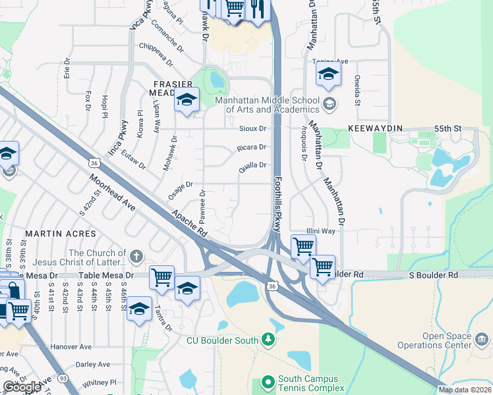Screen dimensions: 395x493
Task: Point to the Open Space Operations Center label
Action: point(434,340)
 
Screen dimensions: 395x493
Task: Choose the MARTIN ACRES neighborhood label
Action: point(61,234)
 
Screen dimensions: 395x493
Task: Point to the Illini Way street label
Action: point(321,232)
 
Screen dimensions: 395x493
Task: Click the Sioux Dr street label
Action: point(252,129)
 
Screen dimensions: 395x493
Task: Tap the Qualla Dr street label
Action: point(252,166)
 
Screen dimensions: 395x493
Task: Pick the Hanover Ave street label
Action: point(72,347)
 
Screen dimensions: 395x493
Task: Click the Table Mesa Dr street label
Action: point(105,276)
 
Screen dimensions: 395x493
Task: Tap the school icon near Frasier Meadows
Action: point(187,101)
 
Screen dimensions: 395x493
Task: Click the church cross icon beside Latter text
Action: point(136,256)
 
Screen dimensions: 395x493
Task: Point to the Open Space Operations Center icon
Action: point(482,340)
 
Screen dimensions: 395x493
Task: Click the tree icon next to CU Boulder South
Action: point(268,340)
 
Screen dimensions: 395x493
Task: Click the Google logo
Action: point(22,387)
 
